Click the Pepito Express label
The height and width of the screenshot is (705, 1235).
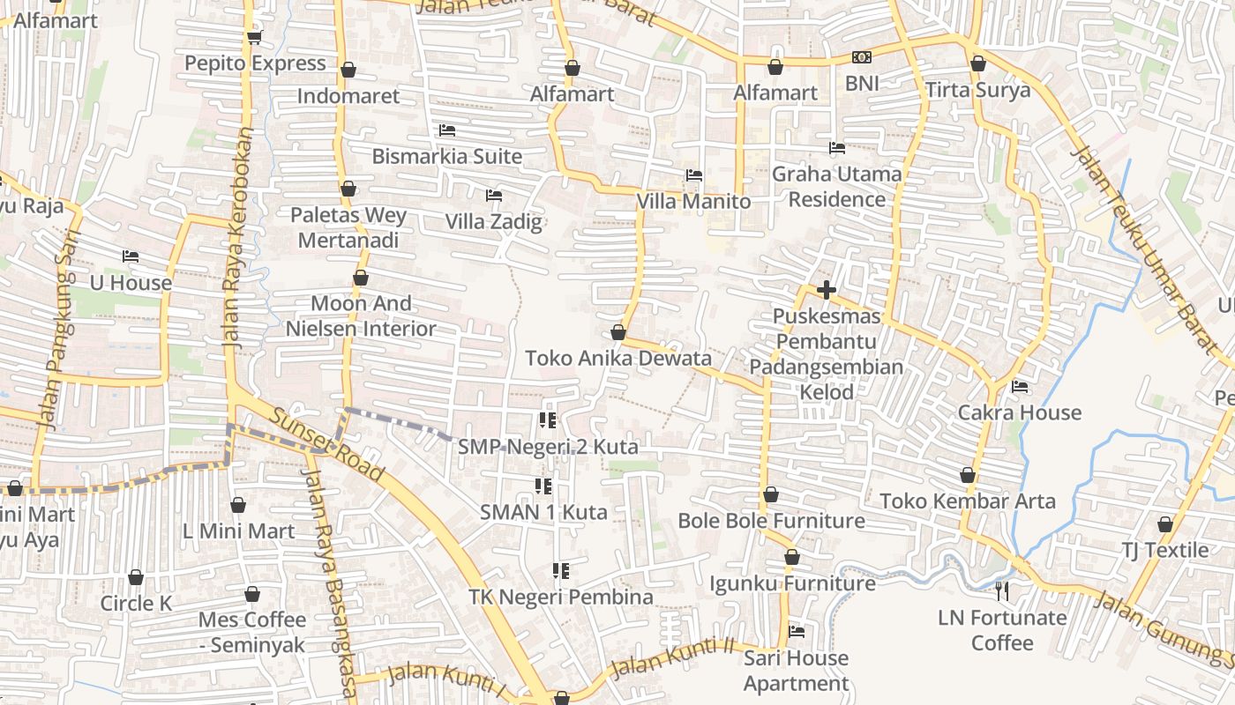(255, 63)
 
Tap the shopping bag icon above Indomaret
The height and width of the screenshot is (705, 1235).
(348, 70)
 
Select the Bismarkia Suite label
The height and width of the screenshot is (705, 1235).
(446, 157)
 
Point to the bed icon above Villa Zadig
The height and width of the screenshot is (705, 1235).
(494, 195)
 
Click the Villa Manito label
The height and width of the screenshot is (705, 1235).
(693, 202)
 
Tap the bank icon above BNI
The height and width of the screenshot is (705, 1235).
(862, 57)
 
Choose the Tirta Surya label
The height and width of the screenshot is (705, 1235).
(977, 91)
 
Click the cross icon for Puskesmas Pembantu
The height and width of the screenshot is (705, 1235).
(826, 289)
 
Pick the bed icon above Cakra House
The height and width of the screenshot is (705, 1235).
(1020, 386)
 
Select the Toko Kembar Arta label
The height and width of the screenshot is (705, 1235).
(967, 501)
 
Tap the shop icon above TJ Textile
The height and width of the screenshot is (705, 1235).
(1165, 524)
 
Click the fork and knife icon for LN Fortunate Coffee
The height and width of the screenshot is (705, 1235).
(1002, 590)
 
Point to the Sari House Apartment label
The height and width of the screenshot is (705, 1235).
(796, 671)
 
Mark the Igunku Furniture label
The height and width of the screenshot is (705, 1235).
(792, 583)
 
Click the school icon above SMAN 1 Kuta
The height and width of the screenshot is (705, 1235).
(543, 486)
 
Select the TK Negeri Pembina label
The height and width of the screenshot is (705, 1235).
(560, 597)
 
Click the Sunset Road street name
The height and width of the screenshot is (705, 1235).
(327, 445)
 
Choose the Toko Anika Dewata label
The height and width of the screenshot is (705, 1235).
(617, 359)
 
